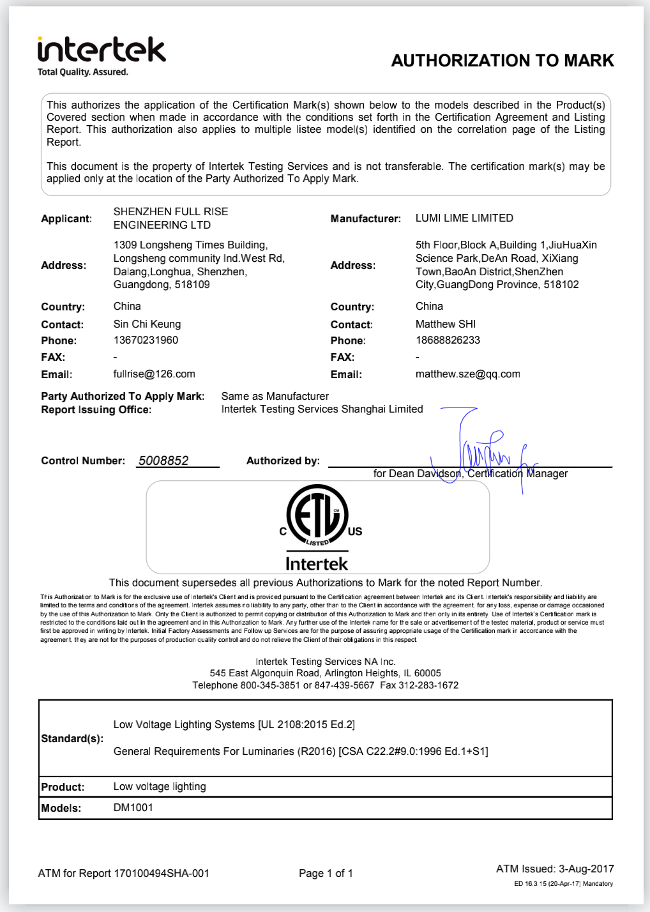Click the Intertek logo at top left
click(x=102, y=55)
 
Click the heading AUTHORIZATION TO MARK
click(x=503, y=61)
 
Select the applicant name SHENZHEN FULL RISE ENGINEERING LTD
click(x=170, y=218)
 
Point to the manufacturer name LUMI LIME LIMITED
click(x=464, y=218)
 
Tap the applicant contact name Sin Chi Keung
click(x=147, y=324)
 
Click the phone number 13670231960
click(x=146, y=340)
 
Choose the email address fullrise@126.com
click(x=154, y=374)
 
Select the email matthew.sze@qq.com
click(x=467, y=374)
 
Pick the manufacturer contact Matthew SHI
click(x=445, y=324)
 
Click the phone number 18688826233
click(x=448, y=340)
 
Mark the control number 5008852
click(x=163, y=460)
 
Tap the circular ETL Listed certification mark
click(x=317, y=515)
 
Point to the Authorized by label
click(x=283, y=460)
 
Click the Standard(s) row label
click(x=72, y=738)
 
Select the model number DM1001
click(x=133, y=807)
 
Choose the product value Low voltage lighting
click(x=160, y=786)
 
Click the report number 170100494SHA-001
click(x=162, y=873)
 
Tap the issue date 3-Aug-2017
click(x=586, y=869)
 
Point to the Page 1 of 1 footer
click(x=326, y=873)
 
